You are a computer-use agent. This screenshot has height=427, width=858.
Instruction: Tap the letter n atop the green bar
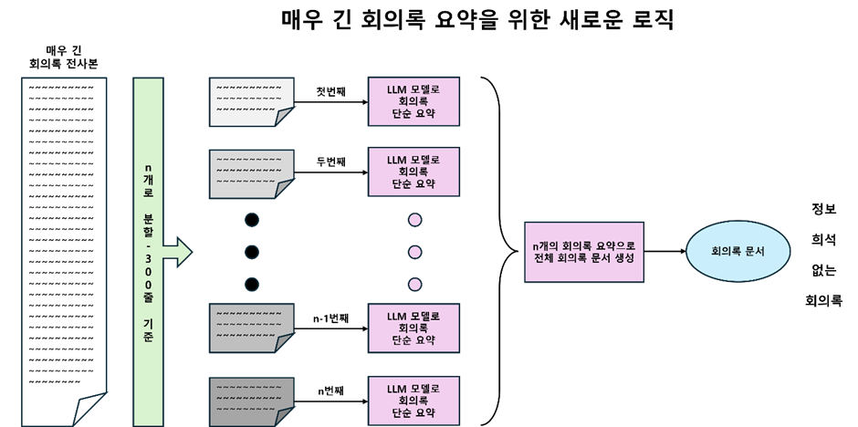149,168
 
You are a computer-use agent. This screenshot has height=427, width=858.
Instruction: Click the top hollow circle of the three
252,220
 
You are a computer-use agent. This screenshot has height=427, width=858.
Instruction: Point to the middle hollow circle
252,252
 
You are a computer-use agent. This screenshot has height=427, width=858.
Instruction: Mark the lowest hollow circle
252,284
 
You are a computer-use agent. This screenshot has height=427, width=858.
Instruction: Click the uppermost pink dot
415,220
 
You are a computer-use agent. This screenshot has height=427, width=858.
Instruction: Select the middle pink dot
415,252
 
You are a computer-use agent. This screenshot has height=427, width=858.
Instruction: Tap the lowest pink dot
415,284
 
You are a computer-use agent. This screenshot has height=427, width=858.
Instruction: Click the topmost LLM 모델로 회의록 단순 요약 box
414,101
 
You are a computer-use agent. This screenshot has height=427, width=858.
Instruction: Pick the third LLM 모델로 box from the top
414,328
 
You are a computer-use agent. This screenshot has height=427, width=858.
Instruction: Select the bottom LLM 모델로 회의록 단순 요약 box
414,400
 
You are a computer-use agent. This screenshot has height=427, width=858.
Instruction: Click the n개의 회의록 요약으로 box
584,252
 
